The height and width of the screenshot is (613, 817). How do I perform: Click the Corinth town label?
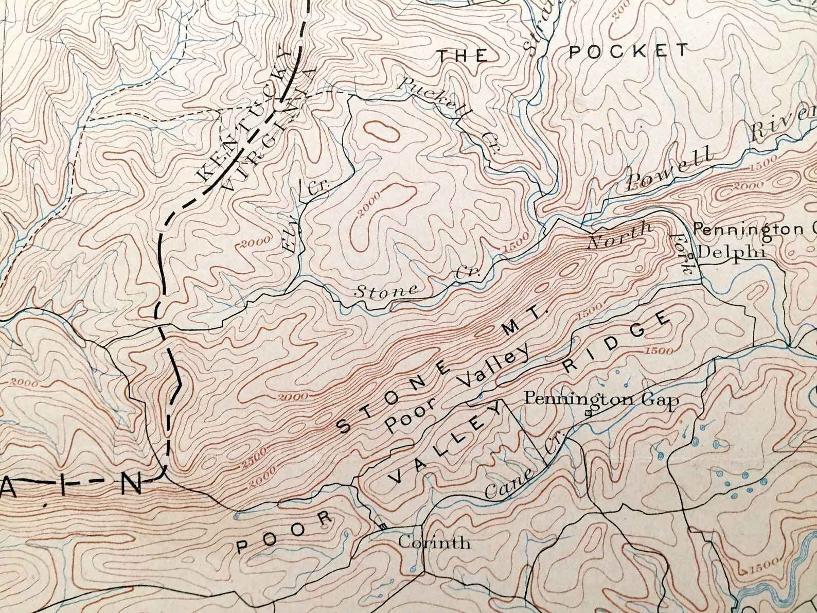tap(434, 542)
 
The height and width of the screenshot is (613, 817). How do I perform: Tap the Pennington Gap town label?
tap(600, 399)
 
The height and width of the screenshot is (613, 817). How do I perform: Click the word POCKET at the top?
tap(628, 51)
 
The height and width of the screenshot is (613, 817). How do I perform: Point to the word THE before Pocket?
tap(463, 56)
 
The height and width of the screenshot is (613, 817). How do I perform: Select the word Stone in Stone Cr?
tap(386, 291)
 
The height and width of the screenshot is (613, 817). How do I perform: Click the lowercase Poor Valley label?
tap(458, 389)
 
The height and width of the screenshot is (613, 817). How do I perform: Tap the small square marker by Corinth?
tap(382, 526)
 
